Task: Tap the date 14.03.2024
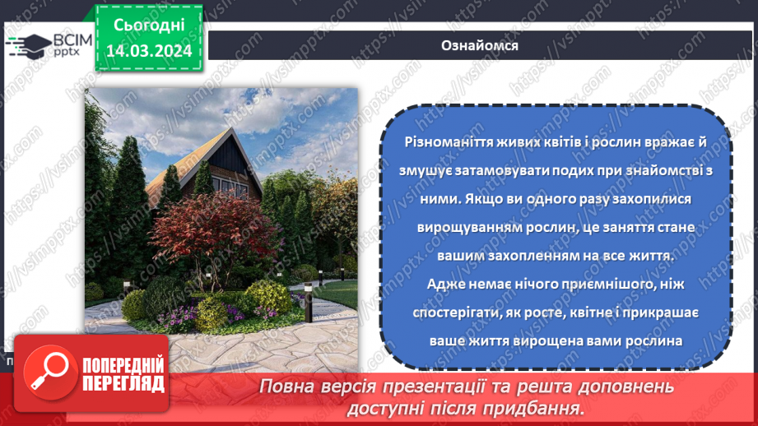click(x=149, y=50)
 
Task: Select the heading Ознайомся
click(x=480, y=44)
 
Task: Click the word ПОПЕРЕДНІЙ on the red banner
click(x=123, y=365)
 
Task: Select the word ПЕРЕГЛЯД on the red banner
click(x=123, y=383)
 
